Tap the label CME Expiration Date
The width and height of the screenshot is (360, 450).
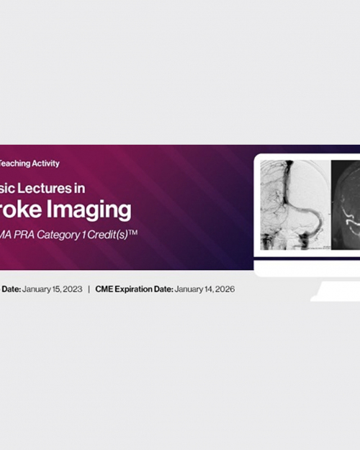[x=134, y=289]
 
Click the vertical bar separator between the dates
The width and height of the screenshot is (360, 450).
[x=88, y=289]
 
